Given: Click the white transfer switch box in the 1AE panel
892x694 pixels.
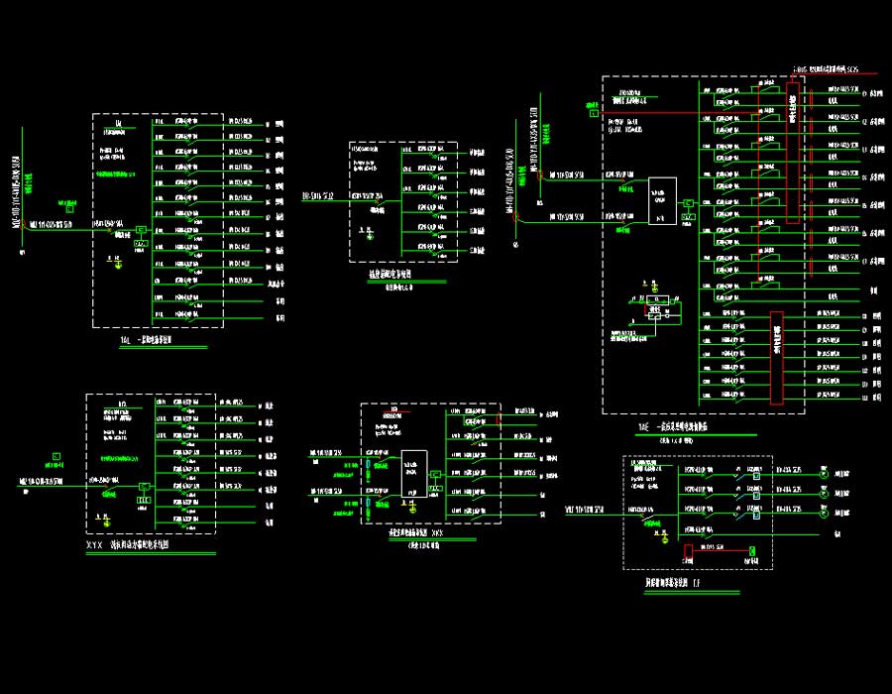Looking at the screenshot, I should (662, 201).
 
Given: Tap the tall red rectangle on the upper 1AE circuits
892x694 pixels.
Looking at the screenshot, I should (792, 152).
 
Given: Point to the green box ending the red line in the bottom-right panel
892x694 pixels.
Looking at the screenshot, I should (751, 550).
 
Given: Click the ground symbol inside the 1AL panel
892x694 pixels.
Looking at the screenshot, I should (115, 262).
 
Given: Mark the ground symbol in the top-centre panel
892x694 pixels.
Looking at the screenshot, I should (367, 235).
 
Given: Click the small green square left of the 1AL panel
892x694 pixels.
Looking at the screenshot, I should (69, 207).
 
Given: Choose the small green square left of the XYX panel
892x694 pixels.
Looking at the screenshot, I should (56, 457).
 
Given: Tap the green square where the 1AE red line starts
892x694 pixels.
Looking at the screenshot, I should (594, 114).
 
